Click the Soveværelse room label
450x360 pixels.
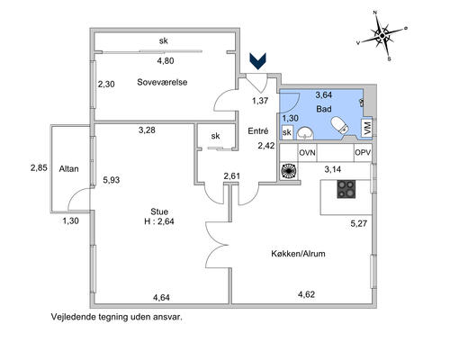click(x=162, y=82)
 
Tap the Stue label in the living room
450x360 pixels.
click(x=159, y=211)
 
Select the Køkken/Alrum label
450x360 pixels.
click(x=298, y=254)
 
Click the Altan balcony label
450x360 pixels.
click(x=68, y=169)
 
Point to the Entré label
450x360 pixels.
click(x=258, y=131)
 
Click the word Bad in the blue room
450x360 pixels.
click(x=324, y=109)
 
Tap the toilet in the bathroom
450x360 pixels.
click(x=339, y=125)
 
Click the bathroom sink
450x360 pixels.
click(x=305, y=133)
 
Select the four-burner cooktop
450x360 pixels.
click(x=346, y=189)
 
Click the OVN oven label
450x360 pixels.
click(x=307, y=153)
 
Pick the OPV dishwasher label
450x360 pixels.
click(x=363, y=152)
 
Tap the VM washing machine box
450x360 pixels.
click(x=367, y=129)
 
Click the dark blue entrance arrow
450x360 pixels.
click(x=257, y=61)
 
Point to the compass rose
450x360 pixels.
click(x=382, y=36)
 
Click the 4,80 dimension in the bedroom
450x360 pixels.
click(x=166, y=61)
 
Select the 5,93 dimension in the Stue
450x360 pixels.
click(x=112, y=180)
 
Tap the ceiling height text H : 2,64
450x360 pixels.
click(x=159, y=221)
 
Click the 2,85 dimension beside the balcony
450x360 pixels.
click(x=39, y=167)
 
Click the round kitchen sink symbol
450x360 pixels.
click(x=289, y=171)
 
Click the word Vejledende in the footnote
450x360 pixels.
click(x=73, y=317)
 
